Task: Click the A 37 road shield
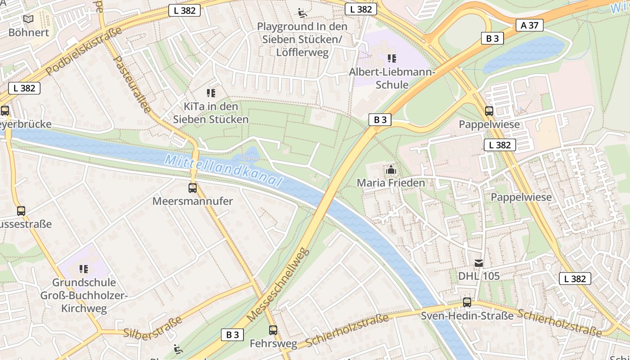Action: pyautogui.click(x=530, y=25)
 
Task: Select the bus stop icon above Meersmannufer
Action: pyautogui.click(x=193, y=188)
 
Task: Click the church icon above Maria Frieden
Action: pyautogui.click(x=391, y=170)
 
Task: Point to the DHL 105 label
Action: pyautogui.click(x=479, y=276)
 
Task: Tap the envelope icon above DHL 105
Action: pyautogui.click(x=479, y=263)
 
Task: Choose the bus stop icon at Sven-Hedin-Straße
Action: pyautogui.click(x=467, y=302)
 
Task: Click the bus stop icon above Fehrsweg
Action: pyautogui.click(x=273, y=330)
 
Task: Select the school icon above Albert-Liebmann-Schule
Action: pyautogui.click(x=392, y=58)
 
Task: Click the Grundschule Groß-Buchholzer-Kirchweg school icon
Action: pyautogui.click(x=84, y=269)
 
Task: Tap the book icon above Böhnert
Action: pyautogui.click(x=28, y=19)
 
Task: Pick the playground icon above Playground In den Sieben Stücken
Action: pyautogui.click(x=303, y=13)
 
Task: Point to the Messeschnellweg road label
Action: pyautogui.click(x=279, y=284)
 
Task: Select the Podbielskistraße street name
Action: pyautogui.click(x=84, y=51)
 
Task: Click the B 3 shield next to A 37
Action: pyautogui.click(x=492, y=38)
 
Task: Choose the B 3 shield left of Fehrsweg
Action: pyautogui.click(x=232, y=335)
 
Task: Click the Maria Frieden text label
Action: pyautogui.click(x=391, y=183)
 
